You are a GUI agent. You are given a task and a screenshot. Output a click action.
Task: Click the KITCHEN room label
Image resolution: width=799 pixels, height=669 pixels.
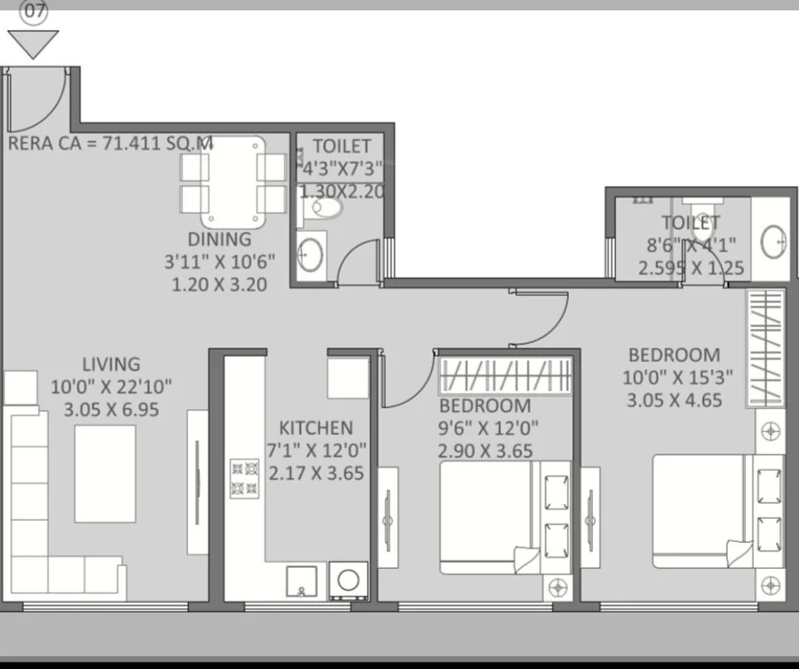pyautogui.click(x=315, y=428)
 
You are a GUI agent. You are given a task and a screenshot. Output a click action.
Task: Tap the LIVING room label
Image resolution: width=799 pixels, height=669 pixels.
pyautogui.click(x=111, y=364)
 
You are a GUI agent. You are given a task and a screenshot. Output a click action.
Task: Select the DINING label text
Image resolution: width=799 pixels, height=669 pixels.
pyautogui.click(x=219, y=240)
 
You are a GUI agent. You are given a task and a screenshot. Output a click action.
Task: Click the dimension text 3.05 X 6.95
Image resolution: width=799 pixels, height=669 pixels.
pyautogui.click(x=111, y=409)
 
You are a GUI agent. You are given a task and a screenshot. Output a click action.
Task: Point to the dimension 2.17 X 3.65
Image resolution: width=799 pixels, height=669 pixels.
pyautogui.click(x=316, y=473)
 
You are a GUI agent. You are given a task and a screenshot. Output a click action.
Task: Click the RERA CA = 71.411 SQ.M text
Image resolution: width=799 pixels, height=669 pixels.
pyautogui.click(x=110, y=143)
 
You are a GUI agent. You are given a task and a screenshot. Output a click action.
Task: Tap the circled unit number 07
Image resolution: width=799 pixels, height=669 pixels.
pyautogui.click(x=34, y=12)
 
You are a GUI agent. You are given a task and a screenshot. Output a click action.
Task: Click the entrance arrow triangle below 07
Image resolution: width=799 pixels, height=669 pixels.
pyautogui.click(x=33, y=44)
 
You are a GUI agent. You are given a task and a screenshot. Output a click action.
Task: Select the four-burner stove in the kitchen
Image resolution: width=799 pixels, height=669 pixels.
pyautogui.click(x=245, y=478)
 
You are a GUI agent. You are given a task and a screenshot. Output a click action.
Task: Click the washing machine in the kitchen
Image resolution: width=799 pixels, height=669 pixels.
pyautogui.click(x=349, y=580)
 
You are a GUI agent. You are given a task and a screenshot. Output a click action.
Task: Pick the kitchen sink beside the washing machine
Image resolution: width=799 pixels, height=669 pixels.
pyautogui.click(x=301, y=581)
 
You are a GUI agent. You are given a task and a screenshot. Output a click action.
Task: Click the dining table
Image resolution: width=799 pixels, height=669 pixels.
pyautogui.click(x=233, y=182)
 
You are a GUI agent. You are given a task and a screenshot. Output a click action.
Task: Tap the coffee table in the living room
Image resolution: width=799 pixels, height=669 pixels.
pyautogui.click(x=106, y=474)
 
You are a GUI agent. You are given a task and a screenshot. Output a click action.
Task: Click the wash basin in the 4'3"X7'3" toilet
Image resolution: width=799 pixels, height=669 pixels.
pyautogui.click(x=309, y=254)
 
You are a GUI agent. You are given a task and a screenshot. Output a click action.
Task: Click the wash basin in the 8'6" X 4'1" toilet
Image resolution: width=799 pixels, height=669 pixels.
pyautogui.click(x=773, y=241)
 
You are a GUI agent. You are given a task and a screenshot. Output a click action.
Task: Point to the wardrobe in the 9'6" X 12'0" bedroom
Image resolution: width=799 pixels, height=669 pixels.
pyautogui.click(x=505, y=375)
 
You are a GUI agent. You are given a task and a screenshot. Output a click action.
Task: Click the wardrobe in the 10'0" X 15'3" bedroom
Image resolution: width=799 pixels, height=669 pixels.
pyautogui.click(x=765, y=348)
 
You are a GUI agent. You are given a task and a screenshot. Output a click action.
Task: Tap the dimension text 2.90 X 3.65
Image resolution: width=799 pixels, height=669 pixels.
pyautogui.click(x=485, y=451)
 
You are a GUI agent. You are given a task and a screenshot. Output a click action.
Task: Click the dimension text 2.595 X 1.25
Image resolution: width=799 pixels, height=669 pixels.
pyautogui.click(x=691, y=268)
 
